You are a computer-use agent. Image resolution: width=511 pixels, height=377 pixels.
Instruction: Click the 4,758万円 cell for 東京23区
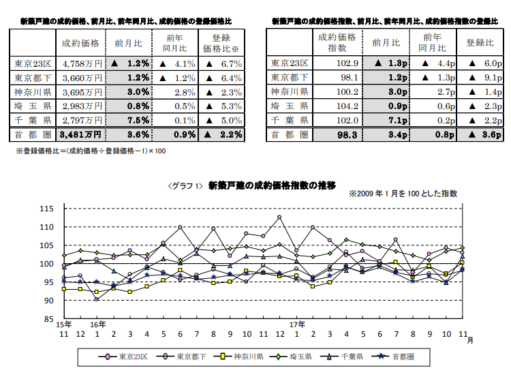[x=81, y=63]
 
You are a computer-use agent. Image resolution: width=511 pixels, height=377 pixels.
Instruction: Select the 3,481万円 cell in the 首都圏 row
[x=80, y=135]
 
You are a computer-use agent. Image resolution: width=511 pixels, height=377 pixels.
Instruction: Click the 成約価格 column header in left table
[x=80, y=44]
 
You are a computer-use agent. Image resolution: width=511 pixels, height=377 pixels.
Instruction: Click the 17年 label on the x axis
[x=296, y=324]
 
